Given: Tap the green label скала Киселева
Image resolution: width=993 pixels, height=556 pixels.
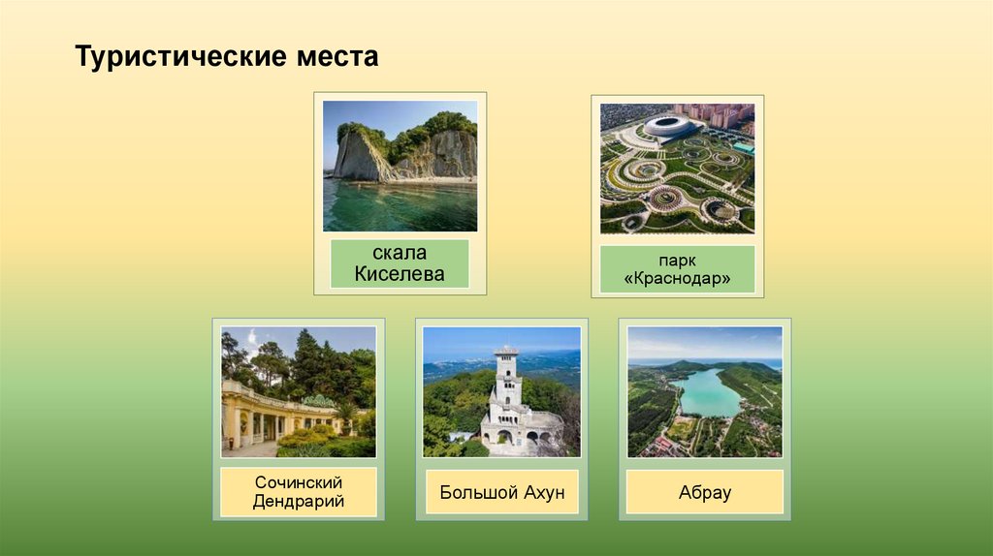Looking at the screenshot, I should pos(400,263).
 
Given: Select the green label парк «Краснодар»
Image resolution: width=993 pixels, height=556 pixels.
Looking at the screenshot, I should pos(677,269).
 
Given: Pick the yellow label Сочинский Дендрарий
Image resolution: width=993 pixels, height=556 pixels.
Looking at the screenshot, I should pos(299,491).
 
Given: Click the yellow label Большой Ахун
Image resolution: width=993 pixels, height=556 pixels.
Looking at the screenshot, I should pos(501,492).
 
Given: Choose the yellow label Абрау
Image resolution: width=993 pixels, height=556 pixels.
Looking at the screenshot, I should pos(704,492).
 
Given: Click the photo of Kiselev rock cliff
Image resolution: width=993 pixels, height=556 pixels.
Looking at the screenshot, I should pos(400,166).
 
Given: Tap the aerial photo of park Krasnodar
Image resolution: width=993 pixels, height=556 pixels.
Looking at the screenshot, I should pos(677,168).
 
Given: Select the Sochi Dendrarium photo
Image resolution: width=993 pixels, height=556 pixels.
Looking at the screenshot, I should pos(299,391).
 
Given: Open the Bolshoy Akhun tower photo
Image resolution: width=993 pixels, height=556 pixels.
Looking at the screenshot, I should pos(501,391).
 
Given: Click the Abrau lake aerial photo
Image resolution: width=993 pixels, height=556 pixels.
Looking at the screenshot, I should pos(704,391).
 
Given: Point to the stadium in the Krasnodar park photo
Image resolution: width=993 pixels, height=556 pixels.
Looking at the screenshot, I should pos(669,125).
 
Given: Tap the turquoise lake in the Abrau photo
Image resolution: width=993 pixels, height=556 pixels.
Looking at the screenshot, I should pos(708,393).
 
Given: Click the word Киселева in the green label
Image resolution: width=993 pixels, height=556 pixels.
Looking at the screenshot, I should pos(400,274).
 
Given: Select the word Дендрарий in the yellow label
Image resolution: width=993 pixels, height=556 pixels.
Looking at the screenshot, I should pos(299,502).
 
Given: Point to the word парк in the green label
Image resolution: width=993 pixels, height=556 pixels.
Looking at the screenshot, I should pos(677,260).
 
